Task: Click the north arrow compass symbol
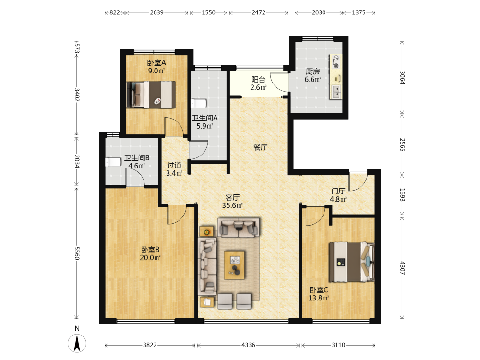coord(77,343)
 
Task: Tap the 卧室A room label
coord(156,63)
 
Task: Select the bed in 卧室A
coord(151,95)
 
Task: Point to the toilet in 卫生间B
coord(113,162)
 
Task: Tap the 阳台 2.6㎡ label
coord(258,84)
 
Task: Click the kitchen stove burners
coord(336,61)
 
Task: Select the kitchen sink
coord(336,91)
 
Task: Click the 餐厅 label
coord(261,147)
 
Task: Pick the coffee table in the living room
coord(235,265)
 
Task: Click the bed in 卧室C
coord(352,262)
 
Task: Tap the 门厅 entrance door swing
coord(358,181)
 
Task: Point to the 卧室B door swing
coord(177,215)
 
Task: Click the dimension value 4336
coord(248,345)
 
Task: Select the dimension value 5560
coord(77,253)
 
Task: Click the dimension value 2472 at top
coord(259,12)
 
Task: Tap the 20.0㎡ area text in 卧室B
coord(150,258)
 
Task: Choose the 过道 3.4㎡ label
coord(175,169)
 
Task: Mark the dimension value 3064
coord(402,77)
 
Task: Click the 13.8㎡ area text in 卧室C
coord(318,298)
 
